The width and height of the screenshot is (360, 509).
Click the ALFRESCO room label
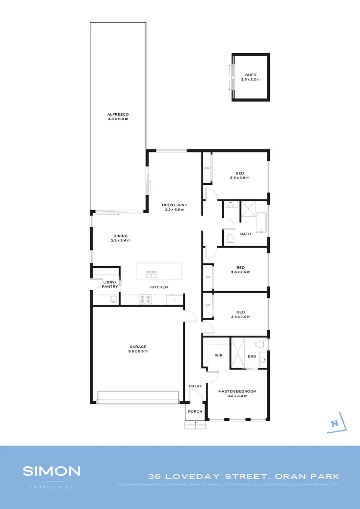tap(118, 114)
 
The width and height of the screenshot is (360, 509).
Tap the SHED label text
tap(251, 75)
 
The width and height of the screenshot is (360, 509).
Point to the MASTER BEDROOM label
tap(237, 391)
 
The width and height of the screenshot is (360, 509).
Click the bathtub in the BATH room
tap(262, 223)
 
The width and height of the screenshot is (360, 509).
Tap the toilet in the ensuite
tap(260, 344)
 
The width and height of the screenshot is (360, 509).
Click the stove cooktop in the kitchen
tap(145, 299)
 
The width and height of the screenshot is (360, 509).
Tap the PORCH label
tap(195, 412)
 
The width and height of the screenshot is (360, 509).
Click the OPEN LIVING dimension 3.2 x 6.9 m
tap(174, 210)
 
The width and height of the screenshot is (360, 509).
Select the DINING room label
tap(120, 236)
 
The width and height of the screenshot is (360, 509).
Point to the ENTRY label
tap(195, 386)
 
